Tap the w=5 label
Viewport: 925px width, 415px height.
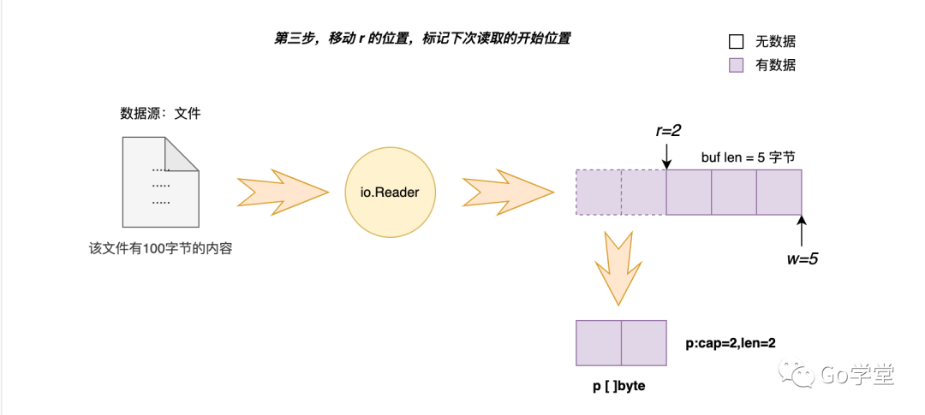pyautogui.click(x=802, y=257)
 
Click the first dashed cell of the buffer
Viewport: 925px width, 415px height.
pyautogui.click(x=598, y=193)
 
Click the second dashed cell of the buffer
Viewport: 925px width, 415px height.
pyautogui.click(x=643, y=193)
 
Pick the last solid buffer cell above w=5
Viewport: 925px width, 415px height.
pyautogui.click(x=779, y=193)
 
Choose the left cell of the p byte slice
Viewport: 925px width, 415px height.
pyautogui.click(x=598, y=344)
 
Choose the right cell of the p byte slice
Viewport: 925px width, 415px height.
pyautogui.click(x=643, y=344)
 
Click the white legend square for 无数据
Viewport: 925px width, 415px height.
pyautogui.click(x=736, y=41)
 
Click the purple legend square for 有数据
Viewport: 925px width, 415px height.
pyautogui.click(x=736, y=65)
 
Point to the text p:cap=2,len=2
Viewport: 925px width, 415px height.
pyautogui.click(x=731, y=343)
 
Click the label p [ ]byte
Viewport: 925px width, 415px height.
pyautogui.click(x=619, y=387)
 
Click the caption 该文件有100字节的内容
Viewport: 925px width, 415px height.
pyautogui.click(x=161, y=250)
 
